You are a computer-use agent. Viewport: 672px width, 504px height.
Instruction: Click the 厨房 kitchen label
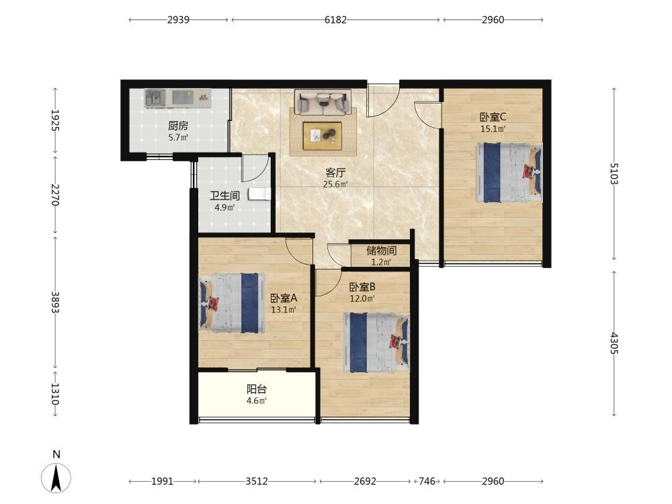(x=178, y=126)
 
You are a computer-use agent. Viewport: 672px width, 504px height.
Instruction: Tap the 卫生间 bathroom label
(x=224, y=196)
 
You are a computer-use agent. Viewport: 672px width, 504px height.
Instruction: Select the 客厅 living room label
(x=335, y=173)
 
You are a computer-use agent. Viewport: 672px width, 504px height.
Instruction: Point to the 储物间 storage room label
(x=381, y=250)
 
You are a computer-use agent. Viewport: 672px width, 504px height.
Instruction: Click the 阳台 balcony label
(x=257, y=389)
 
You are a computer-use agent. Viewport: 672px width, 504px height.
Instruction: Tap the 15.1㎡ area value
(x=493, y=128)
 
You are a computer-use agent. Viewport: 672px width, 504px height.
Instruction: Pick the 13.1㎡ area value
(x=284, y=309)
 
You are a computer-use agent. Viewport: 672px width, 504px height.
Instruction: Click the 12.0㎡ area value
(x=362, y=298)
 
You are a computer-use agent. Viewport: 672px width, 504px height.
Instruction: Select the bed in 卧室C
(x=509, y=172)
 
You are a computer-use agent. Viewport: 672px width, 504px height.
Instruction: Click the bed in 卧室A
(x=232, y=303)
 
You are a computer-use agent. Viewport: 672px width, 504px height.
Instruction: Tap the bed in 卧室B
(x=376, y=343)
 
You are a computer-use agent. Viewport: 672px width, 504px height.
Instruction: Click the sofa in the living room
(x=323, y=102)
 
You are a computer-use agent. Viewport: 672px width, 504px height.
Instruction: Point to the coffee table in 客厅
(x=323, y=136)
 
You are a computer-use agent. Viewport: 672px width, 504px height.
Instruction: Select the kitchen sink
(x=155, y=98)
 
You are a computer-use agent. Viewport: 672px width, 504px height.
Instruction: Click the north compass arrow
(x=56, y=477)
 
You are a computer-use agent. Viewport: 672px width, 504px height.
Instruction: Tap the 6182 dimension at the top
(x=335, y=19)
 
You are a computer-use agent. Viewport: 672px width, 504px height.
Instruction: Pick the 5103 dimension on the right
(x=614, y=173)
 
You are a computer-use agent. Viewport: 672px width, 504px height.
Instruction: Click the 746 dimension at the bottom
(x=427, y=481)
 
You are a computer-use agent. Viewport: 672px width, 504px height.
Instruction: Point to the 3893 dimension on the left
(x=55, y=302)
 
